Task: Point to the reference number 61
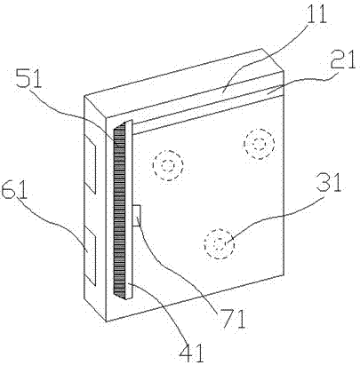click(13, 188)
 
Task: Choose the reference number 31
click(329, 182)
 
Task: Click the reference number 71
click(234, 319)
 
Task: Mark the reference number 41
click(192, 353)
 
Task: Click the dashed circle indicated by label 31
click(219, 243)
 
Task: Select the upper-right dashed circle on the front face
click(260, 144)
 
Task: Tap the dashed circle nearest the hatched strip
click(168, 165)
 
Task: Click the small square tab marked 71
click(137, 215)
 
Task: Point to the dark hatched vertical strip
click(119, 210)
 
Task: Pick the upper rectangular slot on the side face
click(91, 165)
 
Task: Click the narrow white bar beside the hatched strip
click(129, 210)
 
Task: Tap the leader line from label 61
click(55, 225)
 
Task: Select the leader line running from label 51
click(74, 113)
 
